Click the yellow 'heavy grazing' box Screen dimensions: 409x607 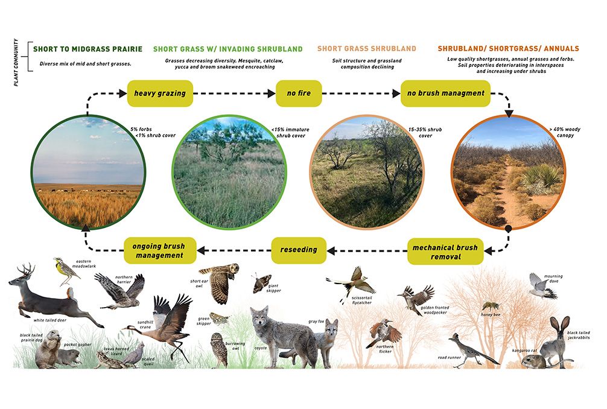tap(160, 94)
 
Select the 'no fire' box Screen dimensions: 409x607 tap(299, 94)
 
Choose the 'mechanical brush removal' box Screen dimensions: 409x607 tap(445, 252)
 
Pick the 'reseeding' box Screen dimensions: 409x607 tap(299, 250)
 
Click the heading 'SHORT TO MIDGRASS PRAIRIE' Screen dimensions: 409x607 tap(88, 49)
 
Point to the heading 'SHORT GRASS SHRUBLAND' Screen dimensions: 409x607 tap(366, 48)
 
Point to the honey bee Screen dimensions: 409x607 tap(488, 306)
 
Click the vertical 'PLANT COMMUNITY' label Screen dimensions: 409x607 tap(18, 63)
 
